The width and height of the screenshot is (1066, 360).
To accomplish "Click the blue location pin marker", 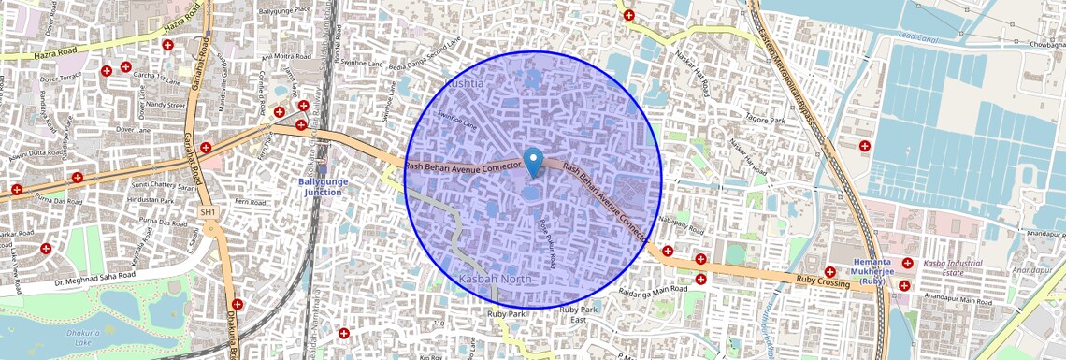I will (534, 162).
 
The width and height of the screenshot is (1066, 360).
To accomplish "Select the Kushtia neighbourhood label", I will (466, 83).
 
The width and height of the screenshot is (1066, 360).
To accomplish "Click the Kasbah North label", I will (496, 279).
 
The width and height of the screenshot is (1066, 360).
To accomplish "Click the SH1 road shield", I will (209, 213).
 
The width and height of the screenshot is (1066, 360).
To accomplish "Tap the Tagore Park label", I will (764, 121).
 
